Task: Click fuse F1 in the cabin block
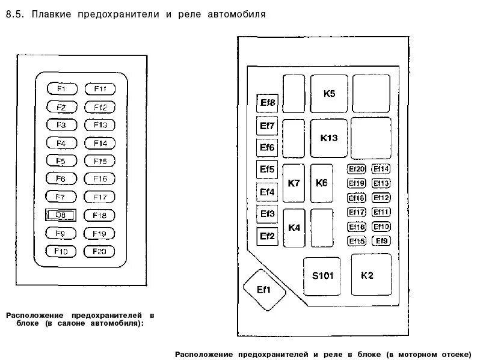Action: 62,89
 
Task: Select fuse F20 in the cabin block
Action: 99,251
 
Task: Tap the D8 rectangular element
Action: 61,215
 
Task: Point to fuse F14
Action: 99,143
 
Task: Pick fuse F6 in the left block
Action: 62,179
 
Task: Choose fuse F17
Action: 99,197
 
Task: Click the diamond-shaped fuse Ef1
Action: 264,290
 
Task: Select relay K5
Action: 329,93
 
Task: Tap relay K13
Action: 329,138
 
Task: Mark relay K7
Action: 294,183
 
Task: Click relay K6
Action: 321,183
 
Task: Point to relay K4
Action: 294,228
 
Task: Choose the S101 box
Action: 322,276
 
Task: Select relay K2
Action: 367,276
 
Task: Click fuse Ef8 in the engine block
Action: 267,103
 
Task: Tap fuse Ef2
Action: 267,236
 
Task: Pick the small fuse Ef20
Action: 357,169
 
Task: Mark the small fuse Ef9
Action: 381,241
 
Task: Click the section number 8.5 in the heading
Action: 15,14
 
